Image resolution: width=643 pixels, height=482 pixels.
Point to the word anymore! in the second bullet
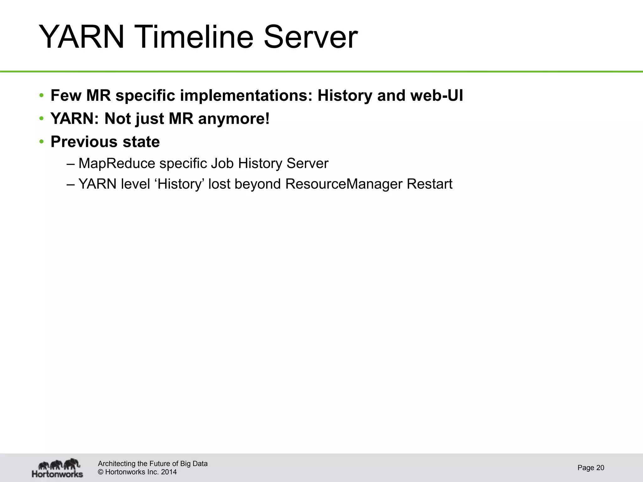(x=234, y=119)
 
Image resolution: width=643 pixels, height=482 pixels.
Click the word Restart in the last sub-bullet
(x=429, y=184)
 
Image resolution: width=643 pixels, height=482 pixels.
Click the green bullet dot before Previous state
(x=41, y=142)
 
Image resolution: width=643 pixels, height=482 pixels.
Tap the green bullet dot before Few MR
(x=41, y=95)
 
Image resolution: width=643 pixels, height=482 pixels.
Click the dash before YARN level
(x=71, y=184)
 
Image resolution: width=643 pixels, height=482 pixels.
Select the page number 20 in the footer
(x=600, y=468)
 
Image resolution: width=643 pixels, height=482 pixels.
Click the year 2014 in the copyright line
(x=169, y=472)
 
